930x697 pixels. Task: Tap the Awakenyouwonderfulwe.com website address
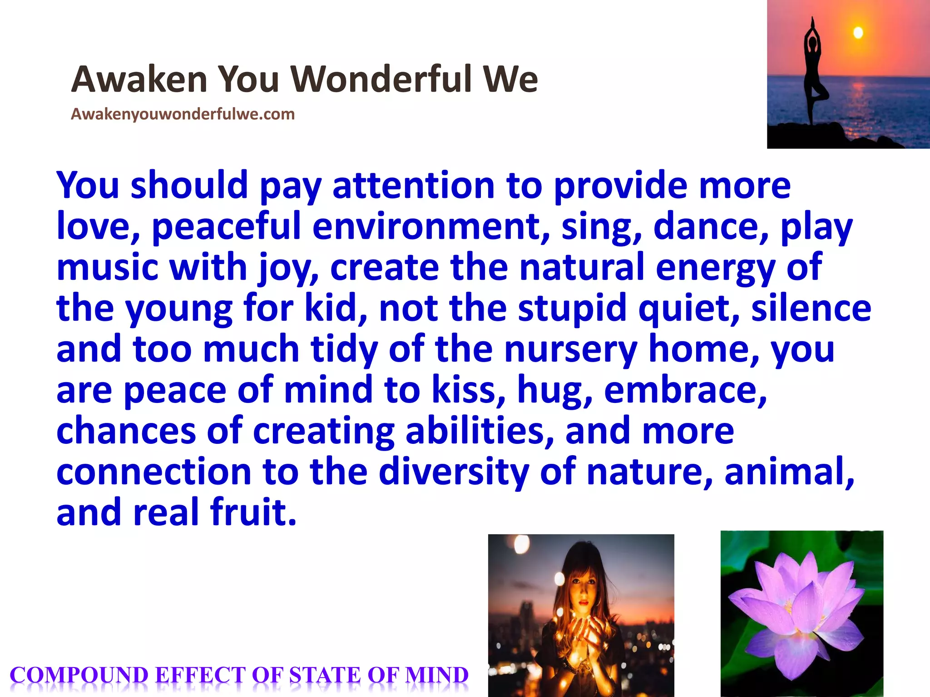(183, 114)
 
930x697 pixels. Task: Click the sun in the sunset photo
(858, 33)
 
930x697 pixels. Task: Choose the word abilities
(480, 431)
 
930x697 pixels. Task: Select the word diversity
(454, 471)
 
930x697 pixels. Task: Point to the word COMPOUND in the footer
(79, 675)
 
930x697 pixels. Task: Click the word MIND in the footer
(436, 675)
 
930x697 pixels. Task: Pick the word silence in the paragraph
(811, 309)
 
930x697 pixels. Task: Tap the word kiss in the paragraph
(468, 390)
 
